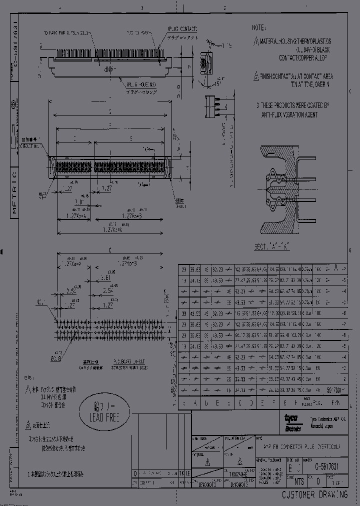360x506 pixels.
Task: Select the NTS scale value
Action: pyautogui.click(x=298, y=482)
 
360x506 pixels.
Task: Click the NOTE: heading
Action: pyautogui.click(x=258, y=27)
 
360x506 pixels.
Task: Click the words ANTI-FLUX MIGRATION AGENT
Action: pyautogui.click(x=288, y=114)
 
